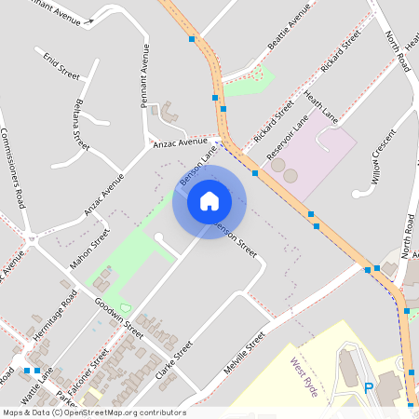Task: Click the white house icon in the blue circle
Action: tap(209, 200)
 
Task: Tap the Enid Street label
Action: tap(61, 65)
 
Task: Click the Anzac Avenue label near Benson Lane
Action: tap(181, 142)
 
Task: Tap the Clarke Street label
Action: tap(174, 361)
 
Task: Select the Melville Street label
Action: tap(245, 352)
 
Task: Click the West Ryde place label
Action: tap(304, 377)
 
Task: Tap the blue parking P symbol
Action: tap(369, 387)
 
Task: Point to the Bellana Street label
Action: tap(81, 125)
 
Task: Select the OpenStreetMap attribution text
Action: tap(93, 412)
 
